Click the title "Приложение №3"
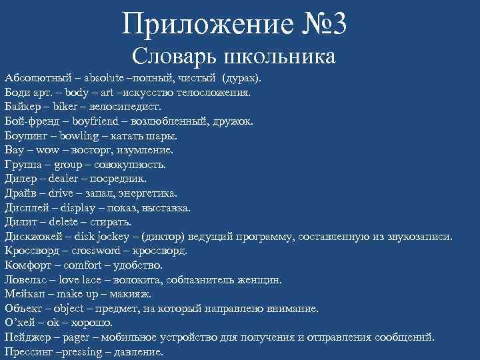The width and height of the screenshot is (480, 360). [x=235, y=25]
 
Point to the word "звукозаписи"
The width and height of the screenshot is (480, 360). [x=419, y=236]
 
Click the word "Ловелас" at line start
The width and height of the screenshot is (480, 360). [x=27, y=279]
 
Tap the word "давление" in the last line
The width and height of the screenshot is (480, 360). [x=139, y=351]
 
